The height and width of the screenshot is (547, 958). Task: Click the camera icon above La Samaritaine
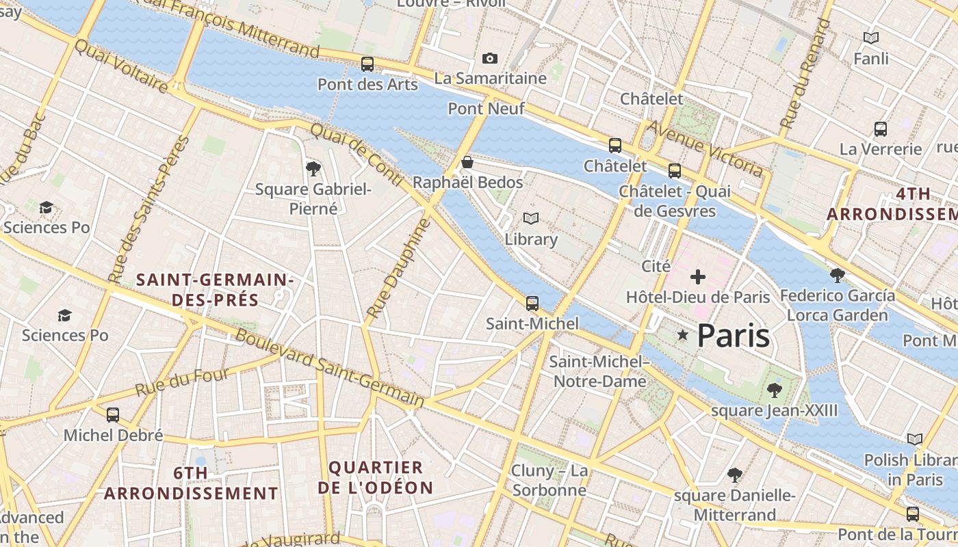(490, 59)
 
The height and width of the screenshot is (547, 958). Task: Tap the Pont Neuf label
(486, 109)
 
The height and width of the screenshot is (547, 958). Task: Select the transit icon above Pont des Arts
(367, 64)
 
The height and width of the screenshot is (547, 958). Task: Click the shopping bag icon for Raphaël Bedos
(467, 162)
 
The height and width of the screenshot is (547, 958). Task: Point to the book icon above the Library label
(531, 219)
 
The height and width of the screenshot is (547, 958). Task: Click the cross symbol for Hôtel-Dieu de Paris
(698, 277)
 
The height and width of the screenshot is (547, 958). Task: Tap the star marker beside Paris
(682, 335)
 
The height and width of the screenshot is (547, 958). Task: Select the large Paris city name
(734, 336)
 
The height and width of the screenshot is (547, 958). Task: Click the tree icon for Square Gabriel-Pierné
(313, 168)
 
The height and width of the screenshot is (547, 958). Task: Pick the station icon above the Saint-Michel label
(532, 303)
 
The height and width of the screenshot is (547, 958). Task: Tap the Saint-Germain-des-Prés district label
(215, 289)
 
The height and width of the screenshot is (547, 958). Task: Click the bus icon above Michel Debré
(113, 414)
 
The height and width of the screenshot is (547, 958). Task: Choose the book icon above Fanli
(871, 38)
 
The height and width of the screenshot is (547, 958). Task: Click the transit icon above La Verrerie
(881, 129)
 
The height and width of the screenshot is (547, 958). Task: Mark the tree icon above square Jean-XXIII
(774, 390)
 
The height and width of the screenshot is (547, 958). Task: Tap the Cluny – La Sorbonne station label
(549, 480)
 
